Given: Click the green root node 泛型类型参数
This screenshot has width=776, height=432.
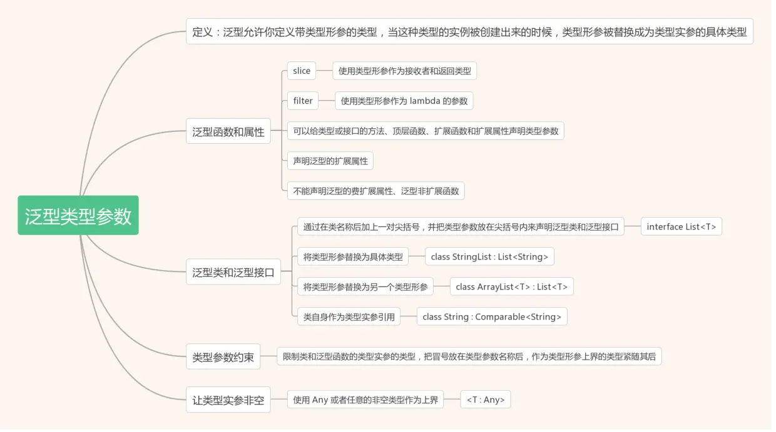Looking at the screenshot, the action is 78,216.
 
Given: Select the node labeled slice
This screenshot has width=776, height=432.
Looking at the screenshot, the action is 301,71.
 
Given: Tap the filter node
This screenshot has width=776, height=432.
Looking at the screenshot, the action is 303,101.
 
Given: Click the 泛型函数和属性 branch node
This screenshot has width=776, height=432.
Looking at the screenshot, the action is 228,132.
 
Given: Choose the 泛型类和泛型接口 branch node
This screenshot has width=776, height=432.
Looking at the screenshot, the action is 233,273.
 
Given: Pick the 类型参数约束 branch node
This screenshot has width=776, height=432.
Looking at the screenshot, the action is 223,357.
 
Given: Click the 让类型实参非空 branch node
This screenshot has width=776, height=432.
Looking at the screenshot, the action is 228,400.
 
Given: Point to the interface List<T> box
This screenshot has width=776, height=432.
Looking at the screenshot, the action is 681,227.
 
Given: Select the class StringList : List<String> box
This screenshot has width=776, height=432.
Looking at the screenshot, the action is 489,257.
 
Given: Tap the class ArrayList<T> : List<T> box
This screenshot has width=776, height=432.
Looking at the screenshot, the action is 511,287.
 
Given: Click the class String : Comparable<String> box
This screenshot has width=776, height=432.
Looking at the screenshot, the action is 492,317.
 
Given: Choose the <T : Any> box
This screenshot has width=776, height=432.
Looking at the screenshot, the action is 485,400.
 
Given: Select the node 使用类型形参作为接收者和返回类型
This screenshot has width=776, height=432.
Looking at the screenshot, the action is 404,71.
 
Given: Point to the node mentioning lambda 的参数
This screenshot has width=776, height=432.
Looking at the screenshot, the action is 404,101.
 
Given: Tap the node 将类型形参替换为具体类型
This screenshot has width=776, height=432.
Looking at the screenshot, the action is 353,257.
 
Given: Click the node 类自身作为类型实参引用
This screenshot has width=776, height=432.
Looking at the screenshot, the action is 349,317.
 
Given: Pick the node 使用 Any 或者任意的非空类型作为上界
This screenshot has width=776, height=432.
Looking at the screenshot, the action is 365,400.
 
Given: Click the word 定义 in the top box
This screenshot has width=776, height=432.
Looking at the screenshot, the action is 203,32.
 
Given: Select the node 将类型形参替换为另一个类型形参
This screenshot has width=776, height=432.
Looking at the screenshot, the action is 365,287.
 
